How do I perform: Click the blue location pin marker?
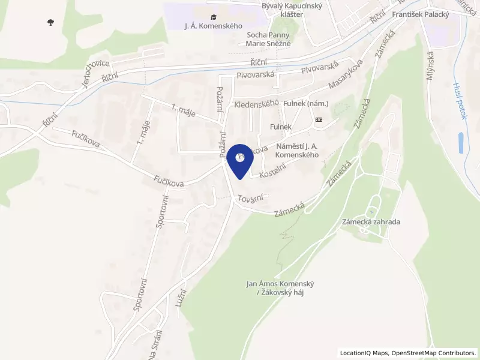coord(241,160)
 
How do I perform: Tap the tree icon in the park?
coord(49,22)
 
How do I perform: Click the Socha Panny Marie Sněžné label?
coord(269,39)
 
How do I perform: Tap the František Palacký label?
coord(420,13)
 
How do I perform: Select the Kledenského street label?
coord(257,104)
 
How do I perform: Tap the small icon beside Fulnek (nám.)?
coord(318,119)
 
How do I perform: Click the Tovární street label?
coord(250,199)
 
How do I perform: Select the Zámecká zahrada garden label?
coord(371,221)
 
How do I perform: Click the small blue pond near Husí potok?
coord(461,143)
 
